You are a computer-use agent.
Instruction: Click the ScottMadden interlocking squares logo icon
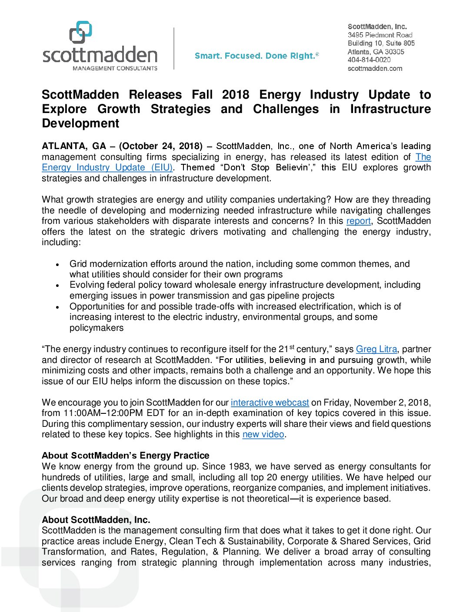(81, 32)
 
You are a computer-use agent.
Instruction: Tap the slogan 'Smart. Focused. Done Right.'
(256, 56)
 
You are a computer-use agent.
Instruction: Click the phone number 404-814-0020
(369, 60)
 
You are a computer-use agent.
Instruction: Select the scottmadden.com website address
(375, 68)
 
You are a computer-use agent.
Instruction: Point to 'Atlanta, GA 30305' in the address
(376, 52)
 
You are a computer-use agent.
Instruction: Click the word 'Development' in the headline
(80, 123)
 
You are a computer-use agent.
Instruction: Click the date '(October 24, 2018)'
(161, 146)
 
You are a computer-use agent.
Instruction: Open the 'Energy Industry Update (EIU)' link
(107, 168)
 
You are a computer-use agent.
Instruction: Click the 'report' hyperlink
(358, 221)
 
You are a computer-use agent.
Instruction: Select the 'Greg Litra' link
(376, 349)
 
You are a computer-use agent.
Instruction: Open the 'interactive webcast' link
(270, 403)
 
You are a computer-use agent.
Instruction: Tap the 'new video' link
(263, 435)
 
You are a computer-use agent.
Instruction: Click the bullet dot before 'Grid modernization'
(57, 265)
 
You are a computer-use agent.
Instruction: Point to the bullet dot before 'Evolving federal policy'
(57, 286)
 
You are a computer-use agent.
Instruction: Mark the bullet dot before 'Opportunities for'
(57, 307)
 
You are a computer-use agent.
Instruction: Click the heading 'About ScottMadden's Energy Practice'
(125, 456)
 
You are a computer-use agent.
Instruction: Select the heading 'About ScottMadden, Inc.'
(96, 520)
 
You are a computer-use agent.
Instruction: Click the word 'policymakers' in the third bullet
(97, 328)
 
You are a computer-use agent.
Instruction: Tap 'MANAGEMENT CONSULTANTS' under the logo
(115, 68)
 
